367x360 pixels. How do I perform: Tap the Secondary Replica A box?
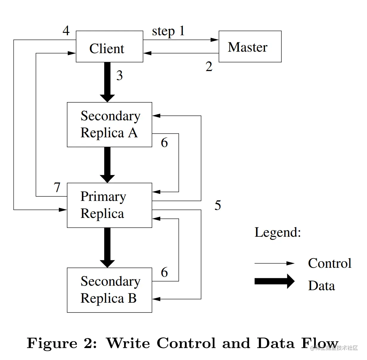click(x=109, y=124)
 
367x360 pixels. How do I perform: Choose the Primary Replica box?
click(x=109, y=205)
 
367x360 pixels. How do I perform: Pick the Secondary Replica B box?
click(x=109, y=290)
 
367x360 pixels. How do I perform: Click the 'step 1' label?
click(x=168, y=31)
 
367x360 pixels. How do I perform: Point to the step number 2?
click(x=209, y=67)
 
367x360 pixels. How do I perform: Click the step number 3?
click(x=119, y=76)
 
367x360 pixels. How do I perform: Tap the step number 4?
click(x=66, y=30)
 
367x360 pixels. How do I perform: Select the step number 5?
click(x=218, y=205)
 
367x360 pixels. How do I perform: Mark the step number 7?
click(x=57, y=187)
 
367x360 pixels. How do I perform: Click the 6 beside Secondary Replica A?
click(x=164, y=143)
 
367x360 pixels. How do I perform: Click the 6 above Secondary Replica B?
click(x=164, y=272)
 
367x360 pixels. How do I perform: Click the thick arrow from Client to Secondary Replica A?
click(x=107, y=82)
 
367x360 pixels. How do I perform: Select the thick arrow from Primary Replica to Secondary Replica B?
click(x=107, y=247)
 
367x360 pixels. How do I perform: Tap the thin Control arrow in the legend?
click(x=274, y=263)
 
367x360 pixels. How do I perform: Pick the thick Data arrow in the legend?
click(x=274, y=281)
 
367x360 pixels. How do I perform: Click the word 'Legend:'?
click(x=277, y=232)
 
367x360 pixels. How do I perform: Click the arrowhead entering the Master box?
click(x=215, y=40)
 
